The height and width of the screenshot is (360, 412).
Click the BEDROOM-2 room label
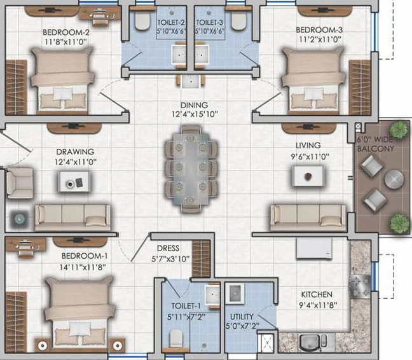pos(66,32)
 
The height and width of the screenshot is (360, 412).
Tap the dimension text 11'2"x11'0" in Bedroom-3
pos(320,39)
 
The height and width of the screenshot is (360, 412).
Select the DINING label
pos(194,105)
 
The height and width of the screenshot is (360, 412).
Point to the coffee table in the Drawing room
pos(74,181)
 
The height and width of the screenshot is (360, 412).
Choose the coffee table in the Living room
pos(308,176)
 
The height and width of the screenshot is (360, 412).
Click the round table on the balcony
pos(394,179)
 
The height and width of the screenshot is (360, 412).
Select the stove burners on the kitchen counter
pos(360,286)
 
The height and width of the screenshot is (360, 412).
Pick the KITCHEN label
pos(317,294)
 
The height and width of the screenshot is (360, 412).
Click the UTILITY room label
pos(242,316)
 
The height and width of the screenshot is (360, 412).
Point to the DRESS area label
pos(168,248)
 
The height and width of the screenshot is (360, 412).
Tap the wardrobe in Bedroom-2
pos(17,87)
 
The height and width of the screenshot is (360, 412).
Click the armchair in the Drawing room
pos(20,183)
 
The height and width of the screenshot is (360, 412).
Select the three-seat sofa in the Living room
pos(308,218)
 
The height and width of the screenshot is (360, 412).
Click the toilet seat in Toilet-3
pos(238,20)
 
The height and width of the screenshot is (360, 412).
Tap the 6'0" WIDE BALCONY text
pos(376,144)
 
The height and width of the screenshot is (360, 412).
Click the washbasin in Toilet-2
pos(179,55)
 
